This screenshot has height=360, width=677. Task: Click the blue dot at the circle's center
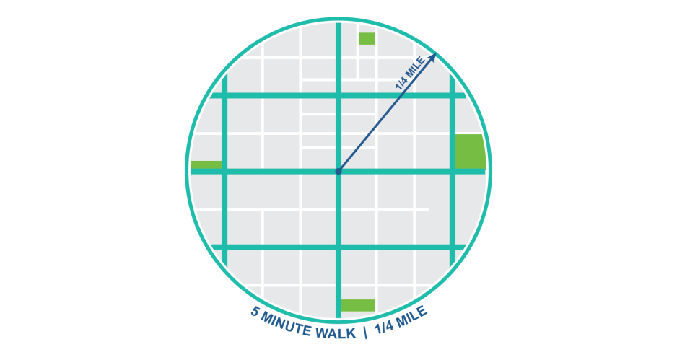pos(338,171)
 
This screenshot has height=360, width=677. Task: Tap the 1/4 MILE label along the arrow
pos(410,74)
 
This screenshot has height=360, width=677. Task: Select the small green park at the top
pos(367,39)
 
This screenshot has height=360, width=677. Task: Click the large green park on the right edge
pos(469,152)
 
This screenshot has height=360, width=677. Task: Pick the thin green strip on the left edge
pos(206,164)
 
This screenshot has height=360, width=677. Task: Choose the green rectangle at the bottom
pos(358,305)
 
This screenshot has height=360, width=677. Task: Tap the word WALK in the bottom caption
pos(338,333)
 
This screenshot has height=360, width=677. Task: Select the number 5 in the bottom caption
pos(255,312)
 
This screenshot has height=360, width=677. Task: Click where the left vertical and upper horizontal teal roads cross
pos(224,95)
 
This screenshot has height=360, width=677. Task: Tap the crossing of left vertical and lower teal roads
pos(224,247)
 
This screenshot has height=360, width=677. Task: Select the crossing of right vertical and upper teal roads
pos(452,95)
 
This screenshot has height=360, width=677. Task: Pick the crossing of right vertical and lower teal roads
pos(452,247)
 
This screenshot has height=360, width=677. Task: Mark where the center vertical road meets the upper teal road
pos(338,95)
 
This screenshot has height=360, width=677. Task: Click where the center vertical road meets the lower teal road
pos(338,247)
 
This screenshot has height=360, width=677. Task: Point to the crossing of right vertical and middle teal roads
pos(452,171)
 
